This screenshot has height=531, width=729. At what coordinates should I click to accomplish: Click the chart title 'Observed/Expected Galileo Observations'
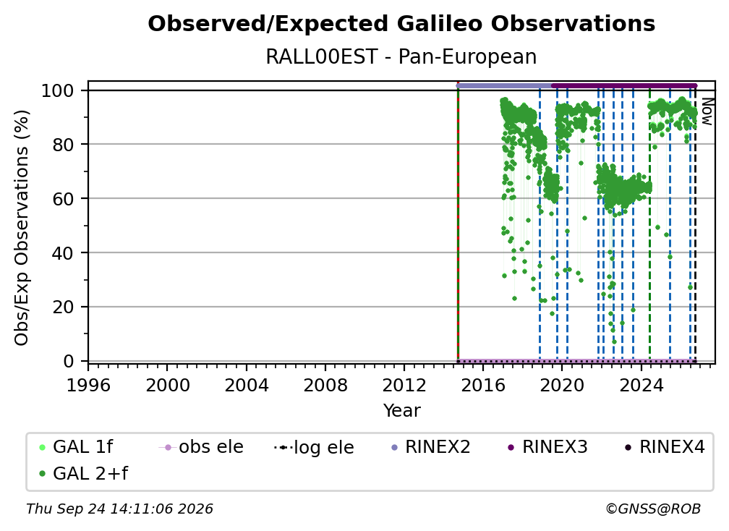tap(401, 24)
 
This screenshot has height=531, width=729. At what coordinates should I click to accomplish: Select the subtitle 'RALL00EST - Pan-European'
tap(401, 56)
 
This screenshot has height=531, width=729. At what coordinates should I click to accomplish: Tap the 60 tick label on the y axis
tap(63, 198)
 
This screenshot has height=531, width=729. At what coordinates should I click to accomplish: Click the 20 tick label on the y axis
tap(63, 307)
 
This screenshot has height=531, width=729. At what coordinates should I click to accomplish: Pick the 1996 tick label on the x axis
tap(88, 385)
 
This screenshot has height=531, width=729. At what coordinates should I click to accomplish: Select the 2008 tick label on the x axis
tap(325, 385)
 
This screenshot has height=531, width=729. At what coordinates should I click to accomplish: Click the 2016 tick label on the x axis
tap(483, 385)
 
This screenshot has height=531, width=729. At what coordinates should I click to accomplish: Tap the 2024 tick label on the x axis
tap(641, 385)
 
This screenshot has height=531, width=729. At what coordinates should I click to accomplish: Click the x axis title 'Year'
tap(401, 410)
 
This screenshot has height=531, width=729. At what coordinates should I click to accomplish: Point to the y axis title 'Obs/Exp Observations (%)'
tap(22, 228)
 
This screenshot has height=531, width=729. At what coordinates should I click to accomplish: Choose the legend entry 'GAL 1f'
tap(77, 447)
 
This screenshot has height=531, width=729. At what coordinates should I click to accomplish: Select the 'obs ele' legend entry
tap(201, 447)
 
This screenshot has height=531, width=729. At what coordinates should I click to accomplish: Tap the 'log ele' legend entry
tap(315, 447)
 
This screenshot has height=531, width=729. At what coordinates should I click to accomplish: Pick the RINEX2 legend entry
tap(431, 447)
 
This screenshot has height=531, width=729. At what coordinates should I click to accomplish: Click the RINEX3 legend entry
tap(548, 447)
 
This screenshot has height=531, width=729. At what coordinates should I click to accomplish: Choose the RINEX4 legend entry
tap(665, 447)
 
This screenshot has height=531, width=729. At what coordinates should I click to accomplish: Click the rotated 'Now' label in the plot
tap(707, 111)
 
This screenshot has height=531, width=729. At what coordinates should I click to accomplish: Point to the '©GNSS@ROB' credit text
tap(653, 509)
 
